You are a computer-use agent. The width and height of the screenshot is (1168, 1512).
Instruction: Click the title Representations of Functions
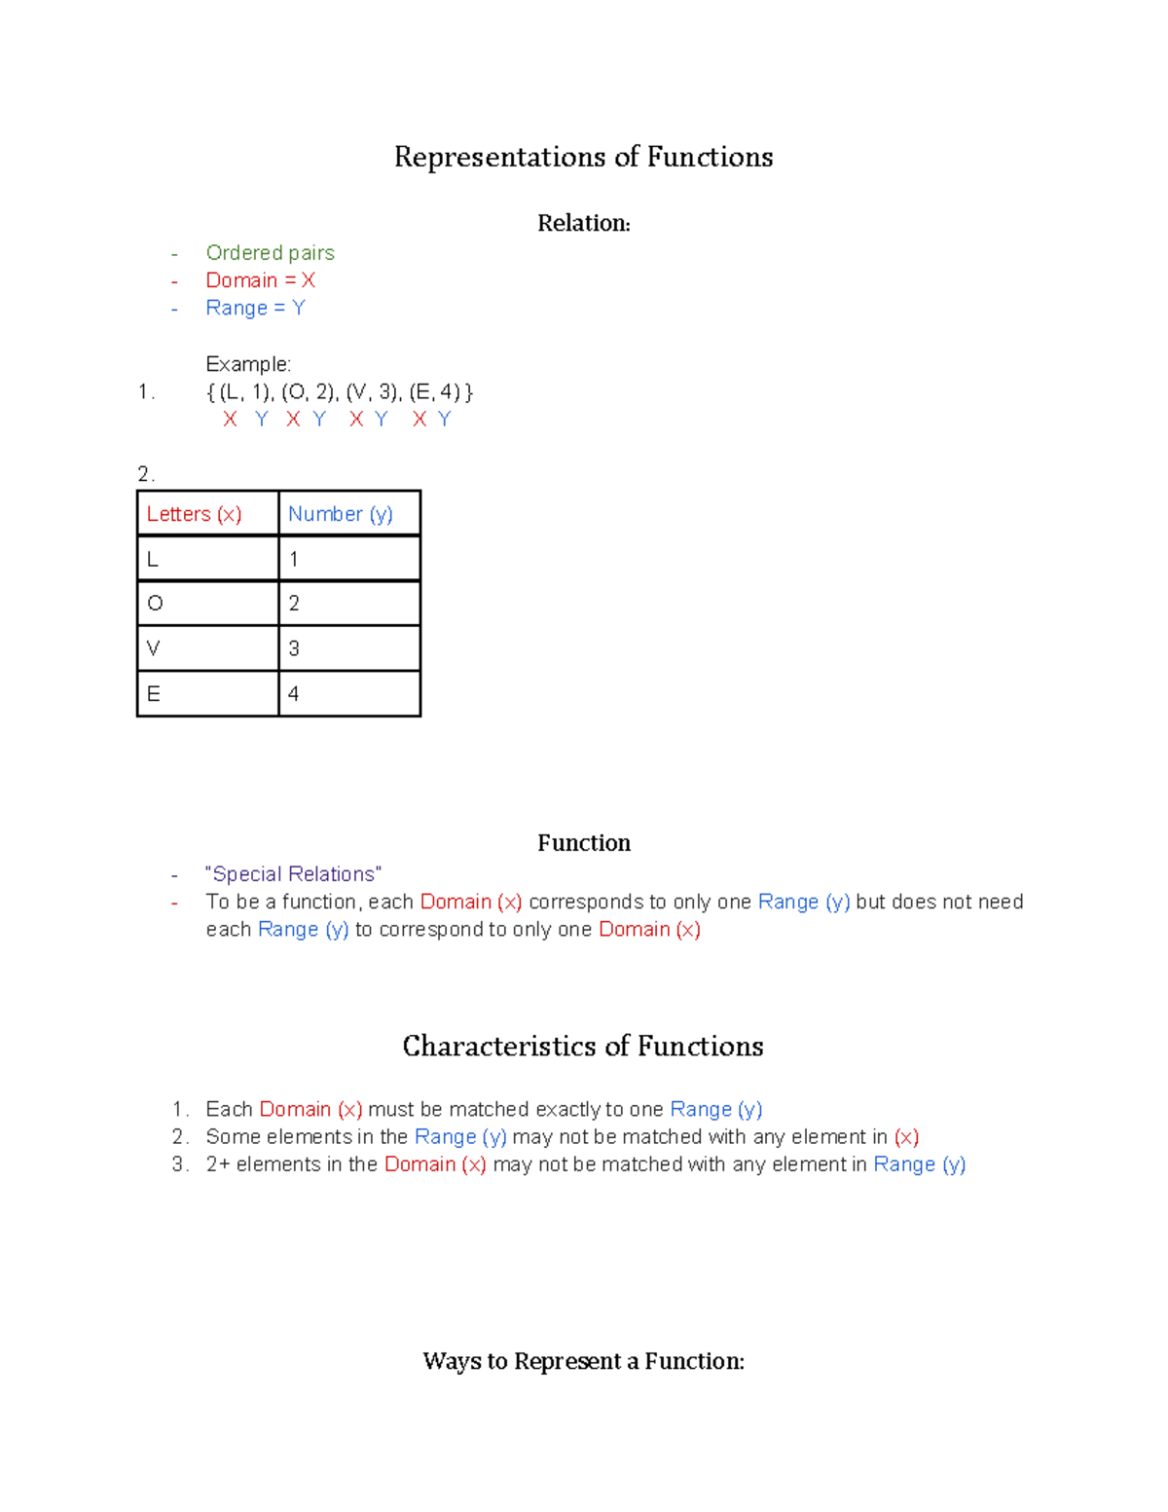pyautogui.click(x=583, y=157)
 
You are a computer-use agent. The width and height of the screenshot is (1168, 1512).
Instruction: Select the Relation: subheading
pyautogui.click(x=583, y=223)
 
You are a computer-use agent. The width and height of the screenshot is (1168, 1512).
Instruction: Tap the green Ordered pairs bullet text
pyautogui.click(x=270, y=253)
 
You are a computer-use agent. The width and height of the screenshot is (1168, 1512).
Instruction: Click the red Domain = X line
pyautogui.click(x=260, y=280)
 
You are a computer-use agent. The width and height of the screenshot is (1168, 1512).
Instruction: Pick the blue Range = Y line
pyautogui.click(x=255, y=308)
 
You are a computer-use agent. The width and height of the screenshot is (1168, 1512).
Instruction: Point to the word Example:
pyautogui.click(x=248, y=364)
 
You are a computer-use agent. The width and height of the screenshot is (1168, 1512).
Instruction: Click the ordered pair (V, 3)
pyautogui.click(x=373, y=392)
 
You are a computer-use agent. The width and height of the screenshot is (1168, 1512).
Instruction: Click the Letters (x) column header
pyautogui.click(x=194, y=514)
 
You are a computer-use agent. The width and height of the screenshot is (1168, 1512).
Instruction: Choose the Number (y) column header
pyautogui.click(x=341, y=514)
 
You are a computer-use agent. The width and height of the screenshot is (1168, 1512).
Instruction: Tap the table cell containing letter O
pyautogui.click(x=207, y=604)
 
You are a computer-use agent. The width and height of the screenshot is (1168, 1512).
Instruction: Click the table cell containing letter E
pyautogui.click(x=207, y=694)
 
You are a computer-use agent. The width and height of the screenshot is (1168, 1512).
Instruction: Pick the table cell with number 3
pyautogui.click(x=348, y=648)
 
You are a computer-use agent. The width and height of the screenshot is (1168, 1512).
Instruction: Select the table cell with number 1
pyautogui.click(x=348, y=559)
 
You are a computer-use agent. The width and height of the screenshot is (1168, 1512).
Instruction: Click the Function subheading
pyautogui.click(x=583, y=843)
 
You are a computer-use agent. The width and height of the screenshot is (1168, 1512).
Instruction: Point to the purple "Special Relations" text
pyautogui.click(x=293, y=874)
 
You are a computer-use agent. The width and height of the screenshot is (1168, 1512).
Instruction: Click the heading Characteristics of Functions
pyautogui.click(x=582, y=1047)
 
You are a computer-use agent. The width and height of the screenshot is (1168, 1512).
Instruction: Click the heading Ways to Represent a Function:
pyautogui.click(x=583, y=1361)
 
